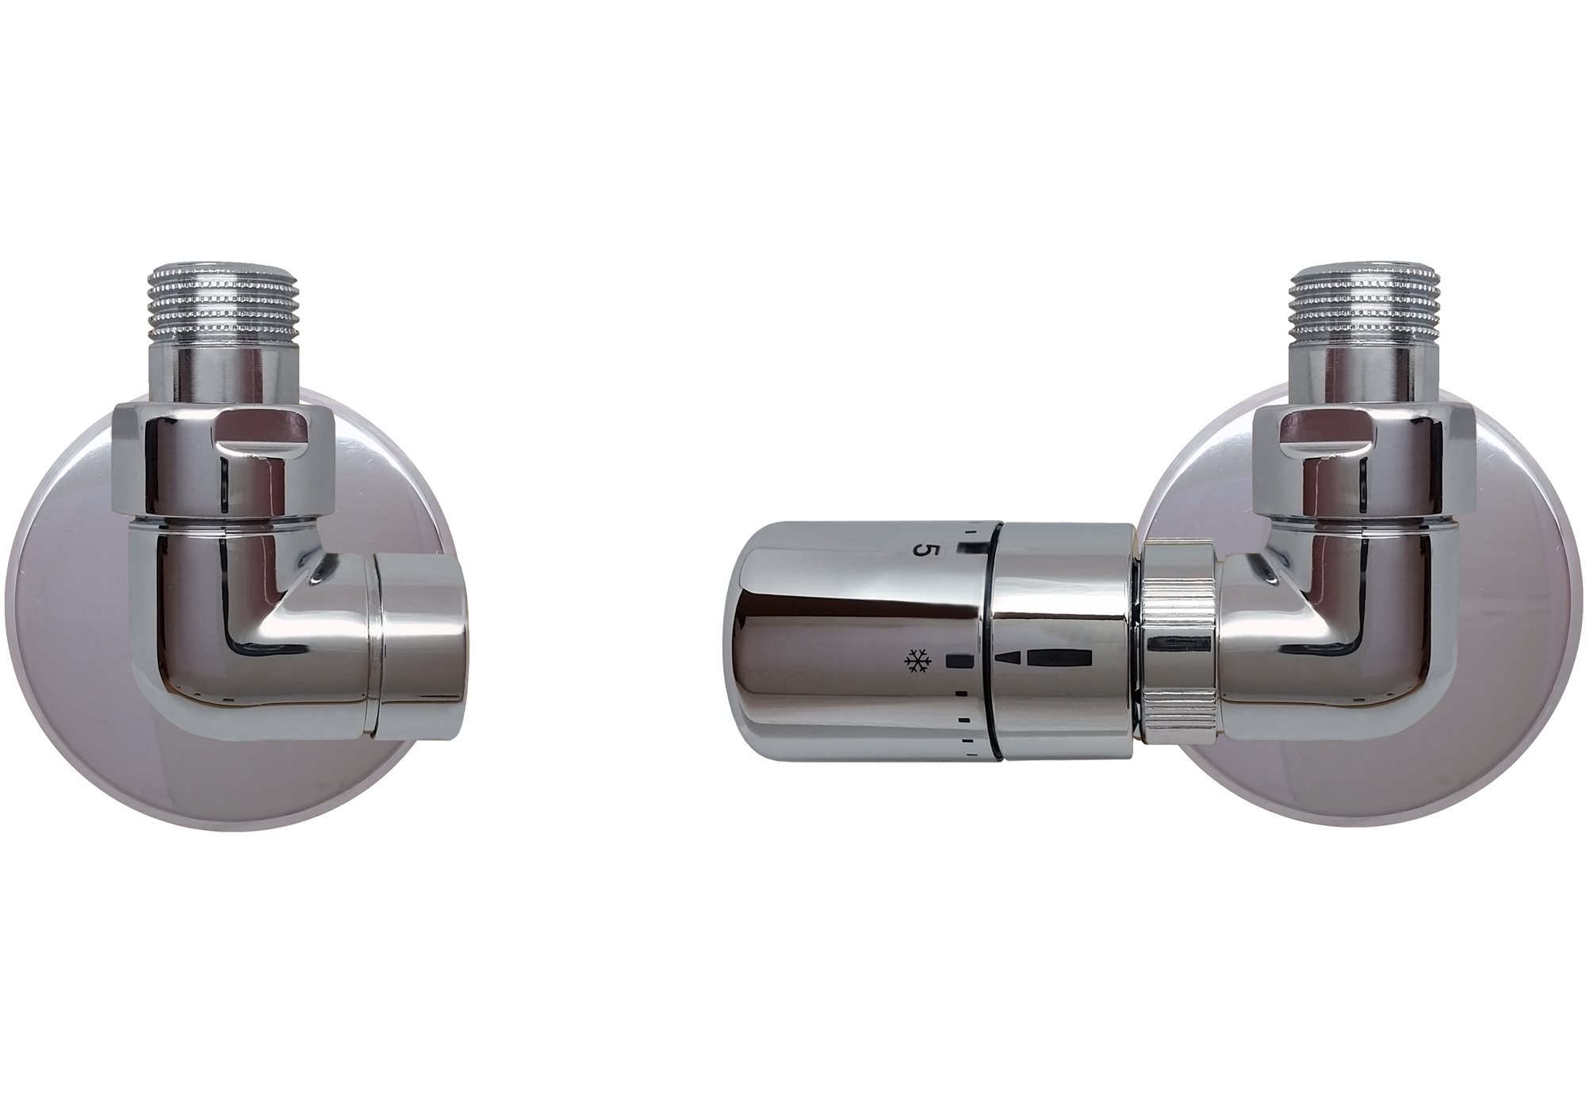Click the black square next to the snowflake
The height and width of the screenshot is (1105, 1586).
point(958,637)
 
